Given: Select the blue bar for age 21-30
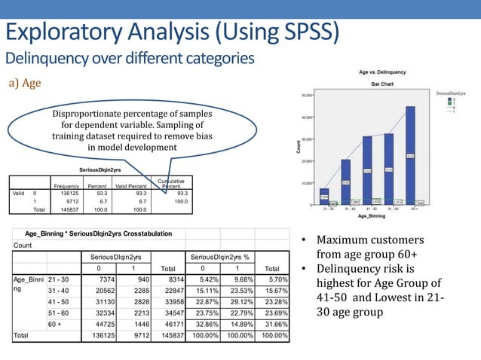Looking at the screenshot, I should pyautogui.click(x=323, y=196).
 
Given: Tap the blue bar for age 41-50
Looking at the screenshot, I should pyautogui.click(x=367, y=169).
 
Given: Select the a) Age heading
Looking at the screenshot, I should pyautogui.click(x=23, y=83).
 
